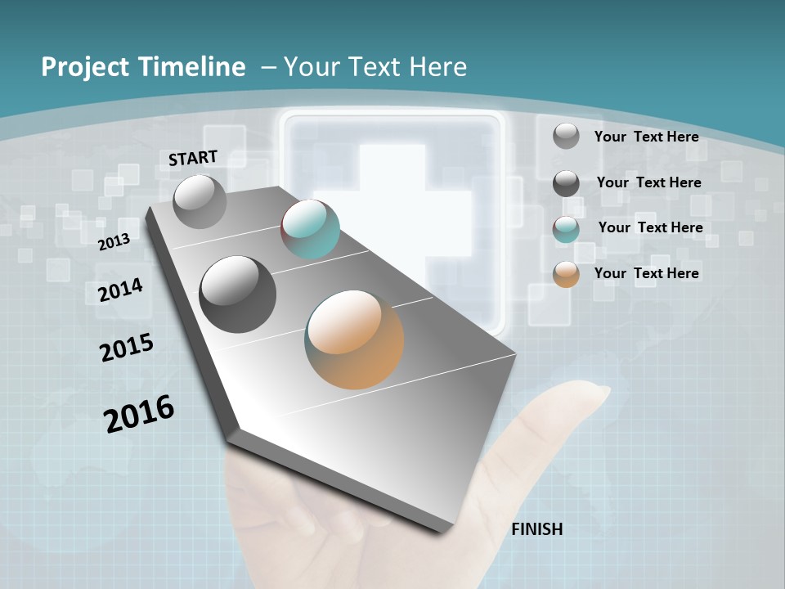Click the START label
tap(193, 158)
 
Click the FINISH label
tap(537, 529)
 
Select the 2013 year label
tap(114, 241)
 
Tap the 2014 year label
tap(121, 290)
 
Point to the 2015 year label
tap(127, 348)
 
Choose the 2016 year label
tap(139, 414)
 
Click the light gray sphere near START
tap(200, 201)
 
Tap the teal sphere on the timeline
tap(310, 229)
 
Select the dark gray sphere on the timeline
tap(237, 294)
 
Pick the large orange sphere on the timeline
tap(354, 339)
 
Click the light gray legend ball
tap(566, 137)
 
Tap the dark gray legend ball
tap(566, 183)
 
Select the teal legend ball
tap(566, 229)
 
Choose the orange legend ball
tap(566, 274)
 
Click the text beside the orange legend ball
tap(646, 273)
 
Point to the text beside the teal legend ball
tap(650, 227)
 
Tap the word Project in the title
tap(83, 67)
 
